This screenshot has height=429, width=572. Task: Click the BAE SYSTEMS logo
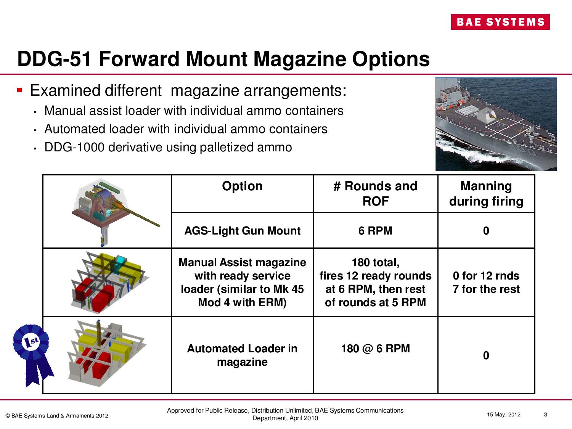point(500,22)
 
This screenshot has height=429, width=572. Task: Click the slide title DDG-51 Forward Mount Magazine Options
point(223,59)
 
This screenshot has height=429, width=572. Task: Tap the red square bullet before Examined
point(20,91)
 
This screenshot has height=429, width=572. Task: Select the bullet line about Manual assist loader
point(194,111)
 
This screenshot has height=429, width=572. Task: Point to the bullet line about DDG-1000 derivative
point(168,147)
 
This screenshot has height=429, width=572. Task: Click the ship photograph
point(496,124)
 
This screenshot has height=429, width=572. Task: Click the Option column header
point(242,186)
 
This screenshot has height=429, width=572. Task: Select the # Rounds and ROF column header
point(375,193)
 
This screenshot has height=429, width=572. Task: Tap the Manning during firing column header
point(486,193)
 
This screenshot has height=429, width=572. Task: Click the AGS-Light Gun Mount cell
point(242,231)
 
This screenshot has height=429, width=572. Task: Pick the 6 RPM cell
point(375,231)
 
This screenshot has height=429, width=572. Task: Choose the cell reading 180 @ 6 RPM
point(375,349)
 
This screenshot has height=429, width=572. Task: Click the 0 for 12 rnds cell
point(486,282)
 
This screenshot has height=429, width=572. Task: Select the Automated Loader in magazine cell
point(242,355)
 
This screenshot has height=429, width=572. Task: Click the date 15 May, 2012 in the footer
point(503,415)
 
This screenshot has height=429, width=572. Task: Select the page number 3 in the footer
point(545,415)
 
